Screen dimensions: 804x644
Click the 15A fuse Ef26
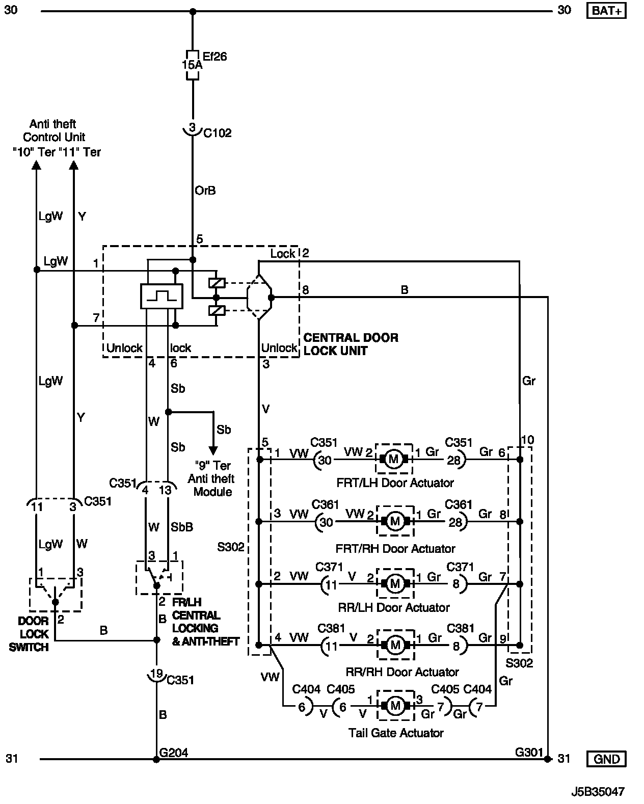(x=192, y=65)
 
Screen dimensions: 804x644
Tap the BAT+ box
(x=606, y=11)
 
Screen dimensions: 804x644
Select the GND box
(x=606, y=759)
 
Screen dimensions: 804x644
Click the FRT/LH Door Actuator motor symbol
(x=394, y=460)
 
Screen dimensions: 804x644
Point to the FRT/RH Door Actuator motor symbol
(x=395, y=521)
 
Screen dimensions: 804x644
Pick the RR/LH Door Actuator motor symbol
(x=395, y=583)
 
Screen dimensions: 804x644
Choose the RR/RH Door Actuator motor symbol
(x=395, y=646)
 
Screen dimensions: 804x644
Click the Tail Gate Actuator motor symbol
(x=395, y=706)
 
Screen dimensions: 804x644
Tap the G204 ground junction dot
(x=156, y=759)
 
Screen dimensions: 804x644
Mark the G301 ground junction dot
(x=547, y=759)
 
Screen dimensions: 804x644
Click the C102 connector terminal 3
(x=192, y=128)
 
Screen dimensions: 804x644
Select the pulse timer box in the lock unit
(x=162, y=296)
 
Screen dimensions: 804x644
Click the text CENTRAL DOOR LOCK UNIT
(x=351, y=344)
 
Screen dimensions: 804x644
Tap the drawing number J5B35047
(x=598, y=792)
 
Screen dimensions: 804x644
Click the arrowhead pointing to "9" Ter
(x=213, y=451)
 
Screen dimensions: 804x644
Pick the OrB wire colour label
(x=205, y=191)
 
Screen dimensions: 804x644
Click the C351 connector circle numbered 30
(x=324, y=460)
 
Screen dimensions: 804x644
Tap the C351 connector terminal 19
(x=156, y=674)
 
